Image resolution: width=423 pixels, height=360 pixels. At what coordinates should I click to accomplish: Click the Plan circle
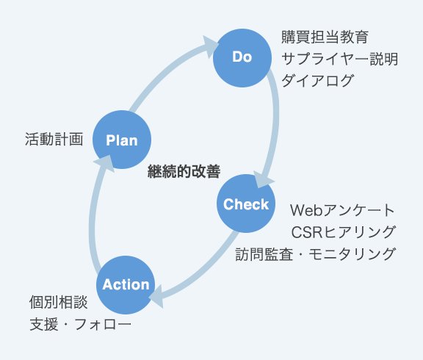[122, 140]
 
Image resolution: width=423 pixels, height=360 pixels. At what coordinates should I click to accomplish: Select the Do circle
[242, 58]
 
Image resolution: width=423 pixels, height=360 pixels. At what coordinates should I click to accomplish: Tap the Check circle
[246, 204]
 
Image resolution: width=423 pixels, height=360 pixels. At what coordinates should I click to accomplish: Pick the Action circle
[126, 285]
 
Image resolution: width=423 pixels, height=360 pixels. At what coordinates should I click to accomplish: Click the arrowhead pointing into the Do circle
[210, 46]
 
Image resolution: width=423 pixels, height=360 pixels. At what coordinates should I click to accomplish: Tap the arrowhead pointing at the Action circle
[156, 296]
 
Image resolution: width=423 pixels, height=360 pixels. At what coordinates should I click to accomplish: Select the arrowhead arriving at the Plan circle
[104, 162]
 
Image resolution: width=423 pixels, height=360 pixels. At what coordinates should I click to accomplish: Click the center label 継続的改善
[184, 171]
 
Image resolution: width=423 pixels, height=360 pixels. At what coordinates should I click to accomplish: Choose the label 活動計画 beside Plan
[54, 140]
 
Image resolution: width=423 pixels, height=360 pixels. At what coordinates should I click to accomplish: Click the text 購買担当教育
[325, 37]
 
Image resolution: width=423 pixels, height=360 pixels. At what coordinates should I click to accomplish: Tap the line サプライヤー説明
[340, 59]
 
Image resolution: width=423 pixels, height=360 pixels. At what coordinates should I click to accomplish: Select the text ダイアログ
[318, 81]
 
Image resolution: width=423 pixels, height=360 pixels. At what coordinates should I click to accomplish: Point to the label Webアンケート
[342, 211]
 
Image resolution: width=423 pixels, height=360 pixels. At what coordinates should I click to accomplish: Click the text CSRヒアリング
[344, 232]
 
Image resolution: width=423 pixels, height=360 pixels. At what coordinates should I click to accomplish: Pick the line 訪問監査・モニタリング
[315, 254]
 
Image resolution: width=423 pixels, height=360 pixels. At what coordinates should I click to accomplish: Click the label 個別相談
[58, 302]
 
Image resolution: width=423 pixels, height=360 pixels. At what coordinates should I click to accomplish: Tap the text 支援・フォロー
[80, 324]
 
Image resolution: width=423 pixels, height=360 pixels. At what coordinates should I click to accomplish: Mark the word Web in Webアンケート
[305, 211]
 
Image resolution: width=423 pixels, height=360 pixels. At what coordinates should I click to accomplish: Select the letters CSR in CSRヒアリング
[307, 232]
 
